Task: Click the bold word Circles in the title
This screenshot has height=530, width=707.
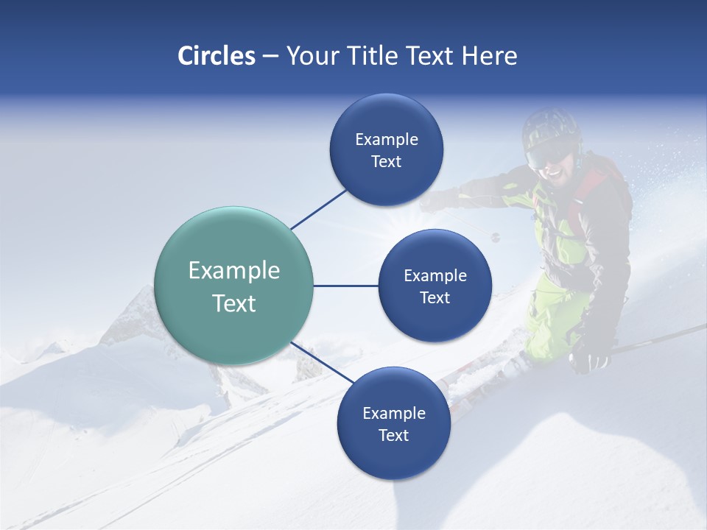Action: (x=216, y=56)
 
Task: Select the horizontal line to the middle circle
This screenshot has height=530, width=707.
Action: (x=346, y=286)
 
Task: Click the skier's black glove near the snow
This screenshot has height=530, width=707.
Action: (x=589, y=359)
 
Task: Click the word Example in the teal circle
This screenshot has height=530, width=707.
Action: (x=234, y=271)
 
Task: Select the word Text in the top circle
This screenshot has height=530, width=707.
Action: (x=386, y=162)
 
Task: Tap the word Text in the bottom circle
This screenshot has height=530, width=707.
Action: (x=393, y=435)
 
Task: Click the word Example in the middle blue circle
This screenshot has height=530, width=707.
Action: (x=435, y=276)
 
